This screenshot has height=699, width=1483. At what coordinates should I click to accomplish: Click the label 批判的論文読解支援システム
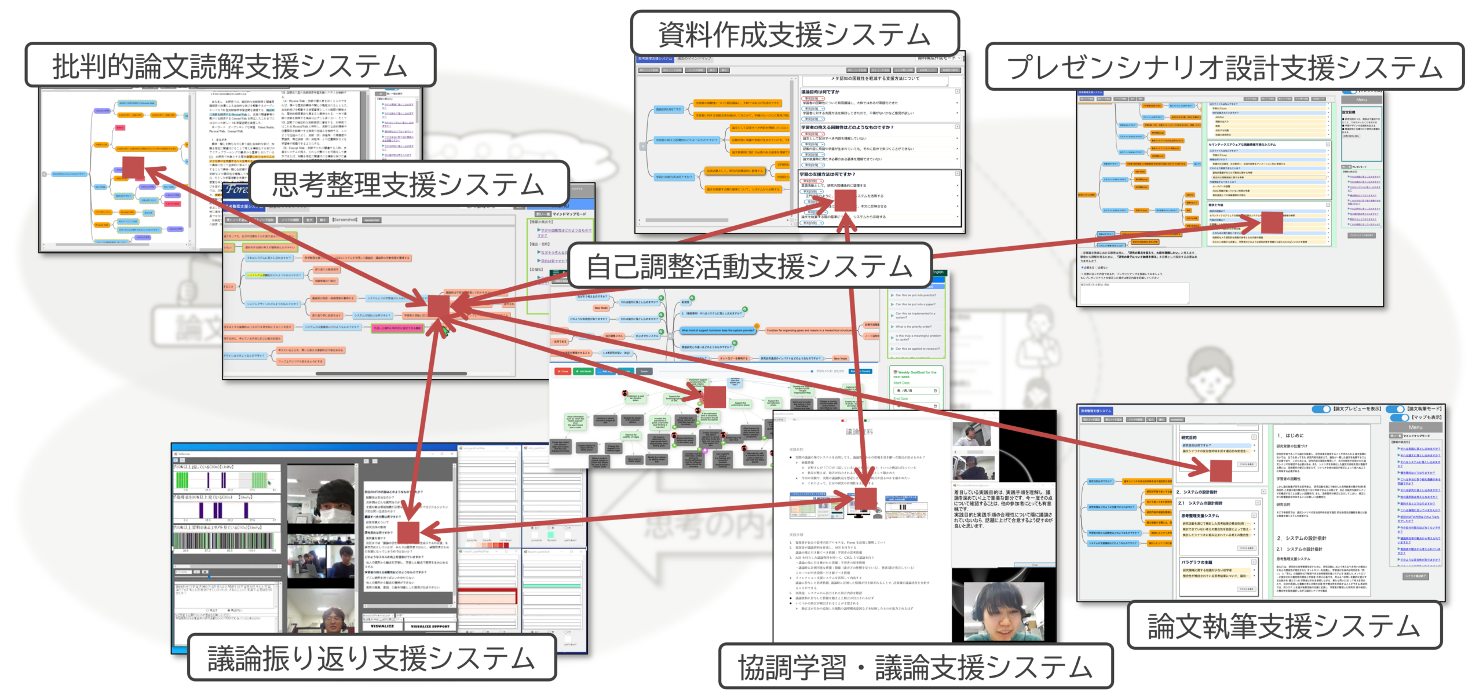(230, 65)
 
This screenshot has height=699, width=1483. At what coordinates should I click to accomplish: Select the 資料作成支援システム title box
(794, 34)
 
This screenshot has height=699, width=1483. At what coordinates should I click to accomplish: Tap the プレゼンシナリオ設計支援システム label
(1224, 67)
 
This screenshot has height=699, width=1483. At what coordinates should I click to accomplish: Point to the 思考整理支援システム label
(408, 184)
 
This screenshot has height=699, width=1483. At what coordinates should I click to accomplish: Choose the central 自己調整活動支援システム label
(750, 266)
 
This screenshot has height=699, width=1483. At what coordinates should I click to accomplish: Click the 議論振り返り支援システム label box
(371, 658)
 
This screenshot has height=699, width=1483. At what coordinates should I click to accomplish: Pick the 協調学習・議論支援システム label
(915, 667)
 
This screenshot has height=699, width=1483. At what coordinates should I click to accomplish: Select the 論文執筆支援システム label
(1284, 625)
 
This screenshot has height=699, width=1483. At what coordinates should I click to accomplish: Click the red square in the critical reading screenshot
(133, 168)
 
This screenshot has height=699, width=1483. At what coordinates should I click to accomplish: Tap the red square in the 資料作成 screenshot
(845, 200)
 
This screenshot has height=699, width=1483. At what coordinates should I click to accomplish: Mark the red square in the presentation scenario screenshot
(1272, 222)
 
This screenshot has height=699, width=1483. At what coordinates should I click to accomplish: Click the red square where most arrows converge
(439, 305)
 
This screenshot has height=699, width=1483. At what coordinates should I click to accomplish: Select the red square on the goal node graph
(714, 397)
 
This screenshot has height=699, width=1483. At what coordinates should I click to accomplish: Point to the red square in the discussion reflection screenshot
(408, 532)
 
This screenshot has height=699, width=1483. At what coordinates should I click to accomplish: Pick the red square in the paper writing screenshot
(1221, 471)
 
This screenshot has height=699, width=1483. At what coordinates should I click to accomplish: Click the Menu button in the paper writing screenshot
(1415, 427)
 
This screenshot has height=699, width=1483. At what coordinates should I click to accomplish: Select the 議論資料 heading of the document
(859, 431)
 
